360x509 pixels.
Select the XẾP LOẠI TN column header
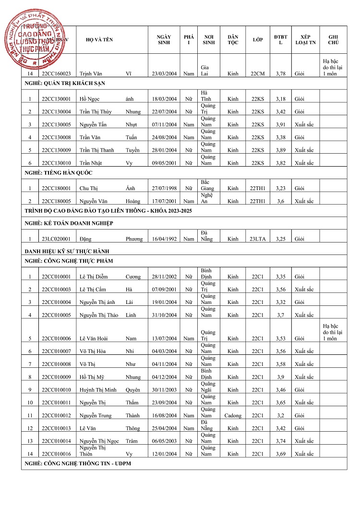(305, 40)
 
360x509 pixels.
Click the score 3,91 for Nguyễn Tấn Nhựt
(281, 125)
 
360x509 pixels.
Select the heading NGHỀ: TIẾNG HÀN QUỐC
(59, 173)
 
